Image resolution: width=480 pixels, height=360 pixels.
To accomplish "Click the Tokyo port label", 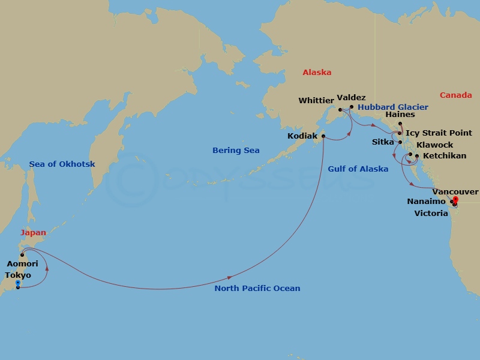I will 17,275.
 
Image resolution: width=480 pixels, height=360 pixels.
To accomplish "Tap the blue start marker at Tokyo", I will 18,283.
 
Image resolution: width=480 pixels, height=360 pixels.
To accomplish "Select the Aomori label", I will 22,264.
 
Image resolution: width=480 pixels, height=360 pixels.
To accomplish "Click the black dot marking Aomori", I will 22,255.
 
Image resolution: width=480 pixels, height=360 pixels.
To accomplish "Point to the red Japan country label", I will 33,232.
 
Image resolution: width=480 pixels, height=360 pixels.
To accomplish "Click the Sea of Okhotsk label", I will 62,164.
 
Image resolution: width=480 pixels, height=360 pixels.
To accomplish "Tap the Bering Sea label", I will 236,151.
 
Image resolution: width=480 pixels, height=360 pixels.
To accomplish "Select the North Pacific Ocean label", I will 257,289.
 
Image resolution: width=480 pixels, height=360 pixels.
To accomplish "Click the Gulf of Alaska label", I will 358,169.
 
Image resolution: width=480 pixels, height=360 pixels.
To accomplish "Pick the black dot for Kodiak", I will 323,136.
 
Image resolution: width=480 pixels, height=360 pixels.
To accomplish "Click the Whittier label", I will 316,101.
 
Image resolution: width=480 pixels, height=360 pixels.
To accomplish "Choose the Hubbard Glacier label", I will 393,107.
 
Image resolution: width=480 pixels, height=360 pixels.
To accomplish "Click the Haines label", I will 400,115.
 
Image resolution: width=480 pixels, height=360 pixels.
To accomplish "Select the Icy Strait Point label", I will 439,133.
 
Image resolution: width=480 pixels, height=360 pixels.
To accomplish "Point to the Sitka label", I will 383,143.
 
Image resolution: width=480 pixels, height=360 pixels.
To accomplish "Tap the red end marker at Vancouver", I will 455,199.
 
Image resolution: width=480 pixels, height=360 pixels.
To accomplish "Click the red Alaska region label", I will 317,73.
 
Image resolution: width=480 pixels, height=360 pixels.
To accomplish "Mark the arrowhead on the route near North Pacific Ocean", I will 230,278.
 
